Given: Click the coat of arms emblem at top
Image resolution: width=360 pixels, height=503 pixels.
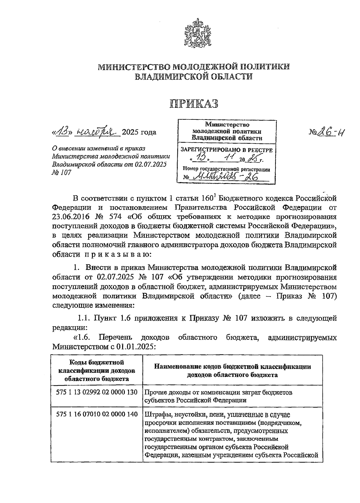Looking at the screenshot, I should coord(196,33).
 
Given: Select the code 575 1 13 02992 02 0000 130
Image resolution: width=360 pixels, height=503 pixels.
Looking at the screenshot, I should coord(97,392).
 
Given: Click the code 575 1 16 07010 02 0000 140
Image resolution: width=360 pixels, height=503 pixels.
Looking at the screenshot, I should coord(97,414).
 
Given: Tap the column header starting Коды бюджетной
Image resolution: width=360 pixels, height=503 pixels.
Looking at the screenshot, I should coord(97,370).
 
